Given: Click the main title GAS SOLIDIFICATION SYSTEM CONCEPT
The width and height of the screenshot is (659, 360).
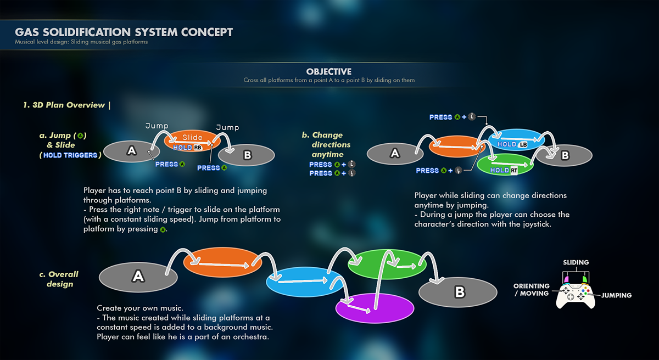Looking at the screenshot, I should tap(124, 32).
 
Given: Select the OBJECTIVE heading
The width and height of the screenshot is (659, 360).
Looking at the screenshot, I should tap(329, 72).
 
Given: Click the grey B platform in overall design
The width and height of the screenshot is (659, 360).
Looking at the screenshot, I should tap(459, 292).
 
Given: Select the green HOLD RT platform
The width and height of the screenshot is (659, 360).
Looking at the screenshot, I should tap(505, 165).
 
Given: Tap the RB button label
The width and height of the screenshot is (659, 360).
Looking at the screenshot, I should tap(198, 148).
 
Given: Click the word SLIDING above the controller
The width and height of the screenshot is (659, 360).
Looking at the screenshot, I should tap(576, 263).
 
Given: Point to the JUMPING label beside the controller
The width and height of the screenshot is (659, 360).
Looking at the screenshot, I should tap(616, 295).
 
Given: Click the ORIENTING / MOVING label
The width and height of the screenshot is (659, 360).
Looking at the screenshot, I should tap(531, 290).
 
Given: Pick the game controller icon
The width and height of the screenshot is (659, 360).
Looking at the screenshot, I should tap(576, 294).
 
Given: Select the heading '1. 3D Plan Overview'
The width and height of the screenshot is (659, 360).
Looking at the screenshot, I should tap(64, 105).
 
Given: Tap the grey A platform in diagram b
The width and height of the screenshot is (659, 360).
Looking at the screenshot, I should tap(395, 154).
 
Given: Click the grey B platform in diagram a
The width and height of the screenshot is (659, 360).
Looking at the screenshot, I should tap(247, 155).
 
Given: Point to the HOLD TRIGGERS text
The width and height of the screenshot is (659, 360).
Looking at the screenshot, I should tap(70, 155).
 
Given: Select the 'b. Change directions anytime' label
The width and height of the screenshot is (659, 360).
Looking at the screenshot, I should tap(327, 144).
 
